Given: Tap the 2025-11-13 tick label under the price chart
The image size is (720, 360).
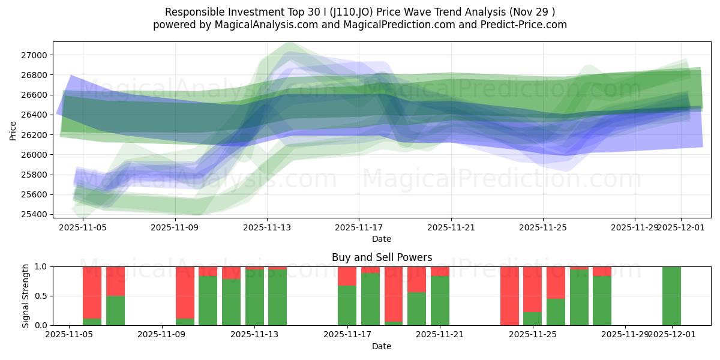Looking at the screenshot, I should [267, 227].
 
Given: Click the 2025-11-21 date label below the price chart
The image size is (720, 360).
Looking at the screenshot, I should [451, 227].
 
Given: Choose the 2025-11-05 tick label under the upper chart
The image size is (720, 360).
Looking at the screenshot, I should [83, 227].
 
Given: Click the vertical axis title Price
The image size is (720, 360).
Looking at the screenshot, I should [13, 130].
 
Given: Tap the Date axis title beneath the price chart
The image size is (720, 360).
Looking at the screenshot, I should [382, 239].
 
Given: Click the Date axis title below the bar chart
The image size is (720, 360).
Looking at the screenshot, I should [382, 346].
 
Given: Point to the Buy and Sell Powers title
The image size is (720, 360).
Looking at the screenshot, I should [382, 257].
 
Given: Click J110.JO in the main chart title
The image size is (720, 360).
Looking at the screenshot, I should [350, 12].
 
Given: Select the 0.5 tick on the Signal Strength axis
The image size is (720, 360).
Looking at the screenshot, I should [42, 296].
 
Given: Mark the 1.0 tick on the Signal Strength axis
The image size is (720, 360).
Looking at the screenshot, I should [42, 266].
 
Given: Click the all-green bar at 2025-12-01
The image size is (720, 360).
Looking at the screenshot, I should [671, 296].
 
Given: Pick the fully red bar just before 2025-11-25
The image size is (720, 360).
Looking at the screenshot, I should [509, 296].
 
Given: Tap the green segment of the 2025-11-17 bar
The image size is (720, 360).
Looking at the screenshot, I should [347, 305].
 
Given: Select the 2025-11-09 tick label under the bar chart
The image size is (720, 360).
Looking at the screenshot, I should [163, 335].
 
